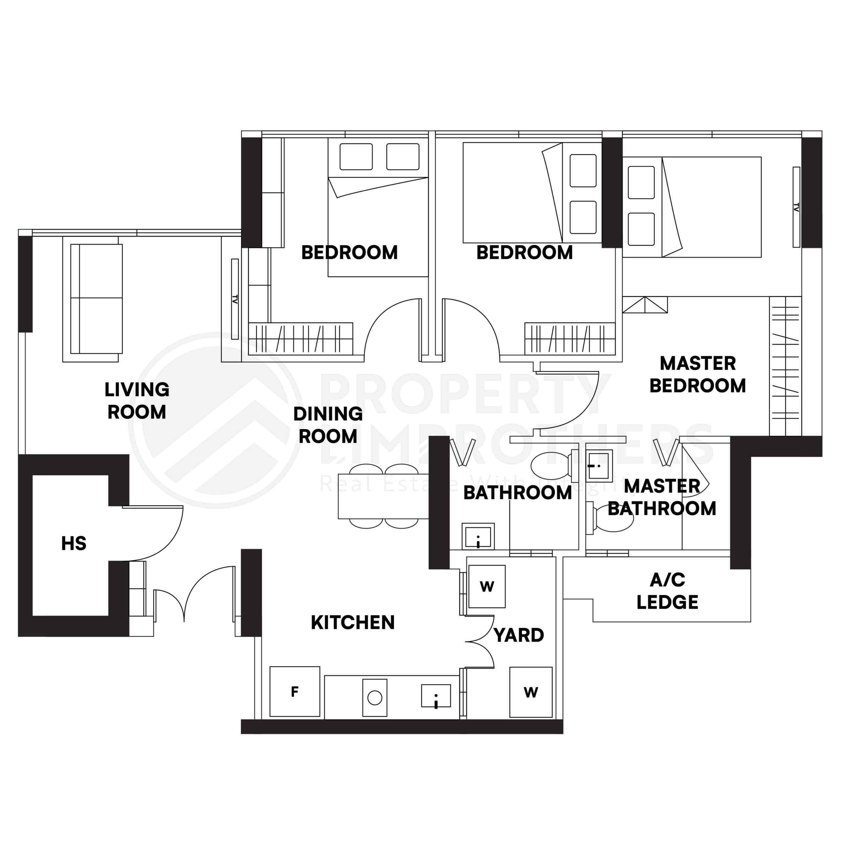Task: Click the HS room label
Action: [74, 544]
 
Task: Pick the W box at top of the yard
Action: [487, 587]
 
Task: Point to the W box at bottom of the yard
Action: [531, 692]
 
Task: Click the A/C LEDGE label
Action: [667, 591]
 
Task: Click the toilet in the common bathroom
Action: [552, 465]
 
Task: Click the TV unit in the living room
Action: [235, 299]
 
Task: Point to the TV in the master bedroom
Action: [796, 207]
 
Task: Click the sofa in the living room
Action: [97, 299]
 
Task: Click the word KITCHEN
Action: [352, 623]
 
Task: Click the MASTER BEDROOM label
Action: [697, 375]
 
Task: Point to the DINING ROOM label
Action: [328, 425]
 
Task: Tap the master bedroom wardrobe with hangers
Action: [785, 367]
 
